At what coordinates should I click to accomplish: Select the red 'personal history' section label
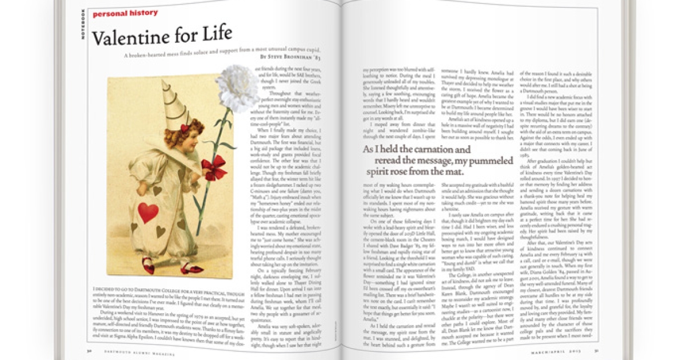click(125, 13)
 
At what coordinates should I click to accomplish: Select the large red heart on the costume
click(148, 213)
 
